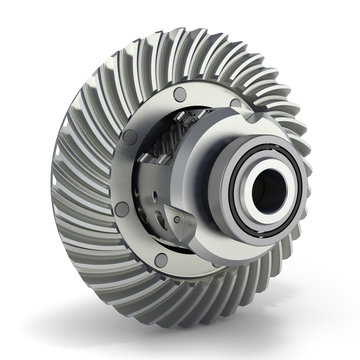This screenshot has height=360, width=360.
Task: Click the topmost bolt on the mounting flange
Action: (178, 94)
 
